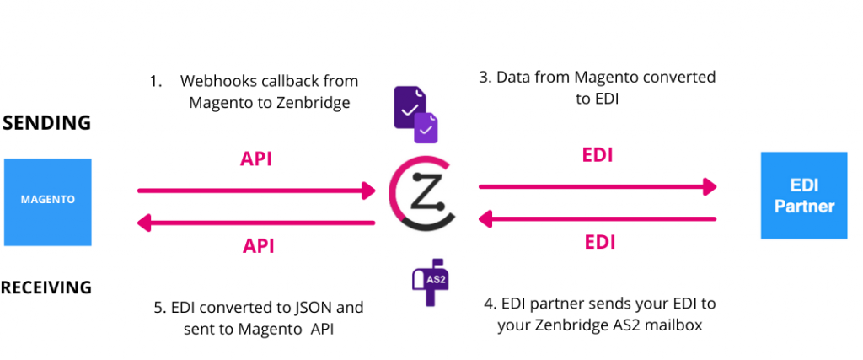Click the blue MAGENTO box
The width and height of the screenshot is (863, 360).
(47, 201)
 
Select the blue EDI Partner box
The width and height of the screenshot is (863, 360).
(803, 195)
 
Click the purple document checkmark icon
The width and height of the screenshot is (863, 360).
(416, 116)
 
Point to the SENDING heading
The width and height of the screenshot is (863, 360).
(46, 123)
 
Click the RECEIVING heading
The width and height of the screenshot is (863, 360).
(46, 287)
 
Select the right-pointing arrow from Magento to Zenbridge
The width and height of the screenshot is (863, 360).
(256, 191)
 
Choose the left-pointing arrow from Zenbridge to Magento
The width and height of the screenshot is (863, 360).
(256, 223)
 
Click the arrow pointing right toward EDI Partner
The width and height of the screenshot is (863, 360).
(598, 186)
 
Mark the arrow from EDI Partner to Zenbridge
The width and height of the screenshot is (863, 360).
(598, 219)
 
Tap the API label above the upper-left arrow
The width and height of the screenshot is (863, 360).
(258, 159)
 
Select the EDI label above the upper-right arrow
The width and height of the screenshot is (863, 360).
(598, 155)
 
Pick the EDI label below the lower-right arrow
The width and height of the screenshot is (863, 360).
(598, 243)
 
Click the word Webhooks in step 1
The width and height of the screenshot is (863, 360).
(215, 82)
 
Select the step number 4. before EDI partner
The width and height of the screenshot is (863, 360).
(490, 304)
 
